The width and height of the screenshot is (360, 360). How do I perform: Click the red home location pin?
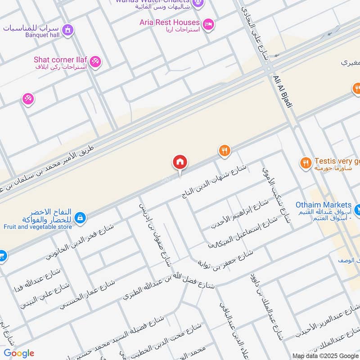tap(180, 162)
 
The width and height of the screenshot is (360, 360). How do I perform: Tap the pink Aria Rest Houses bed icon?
tap(207, 24)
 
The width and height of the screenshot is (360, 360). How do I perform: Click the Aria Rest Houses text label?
tap(170, 22)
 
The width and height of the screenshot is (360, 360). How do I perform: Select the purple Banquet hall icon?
tap(67, 30)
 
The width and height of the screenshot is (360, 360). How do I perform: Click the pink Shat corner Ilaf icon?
tap(95, 62)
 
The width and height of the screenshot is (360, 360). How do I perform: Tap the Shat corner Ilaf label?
tap(60, 60)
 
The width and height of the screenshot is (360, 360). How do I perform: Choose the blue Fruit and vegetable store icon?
tap(80, 218)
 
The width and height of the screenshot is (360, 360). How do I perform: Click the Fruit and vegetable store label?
tap(37, 227)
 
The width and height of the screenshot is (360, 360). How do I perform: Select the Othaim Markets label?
tap(323, 205)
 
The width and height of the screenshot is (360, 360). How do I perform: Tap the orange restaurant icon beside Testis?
tap(306, 163)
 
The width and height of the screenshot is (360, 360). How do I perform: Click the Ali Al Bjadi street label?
tap(283, 91)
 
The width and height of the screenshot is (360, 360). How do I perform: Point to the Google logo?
tap(18, 353)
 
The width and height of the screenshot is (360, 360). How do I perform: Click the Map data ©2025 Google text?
tap(325, 355)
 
